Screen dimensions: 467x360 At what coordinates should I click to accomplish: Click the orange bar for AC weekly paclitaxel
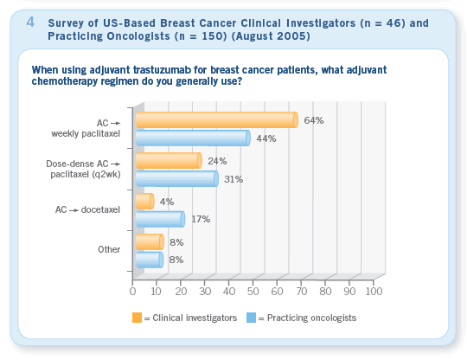(x=217, y=119)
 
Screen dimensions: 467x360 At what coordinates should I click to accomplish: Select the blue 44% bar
(x=193, y=138)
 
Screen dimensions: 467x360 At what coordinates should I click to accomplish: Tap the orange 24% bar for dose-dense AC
(x=169, y=161)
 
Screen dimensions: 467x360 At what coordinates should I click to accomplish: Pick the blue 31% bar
(x=177, y=179)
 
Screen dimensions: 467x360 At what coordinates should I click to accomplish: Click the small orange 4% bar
(x=145, y=201)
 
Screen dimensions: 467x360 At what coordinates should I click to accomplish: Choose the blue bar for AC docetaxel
(x=160, y=219)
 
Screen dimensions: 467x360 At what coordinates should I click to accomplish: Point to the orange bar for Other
(x=150, y=241)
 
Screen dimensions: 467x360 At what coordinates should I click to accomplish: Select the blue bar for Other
(x=150, y=260)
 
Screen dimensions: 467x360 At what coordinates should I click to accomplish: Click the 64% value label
(x=314, y=120)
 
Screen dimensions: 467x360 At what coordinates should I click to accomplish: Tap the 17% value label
(x=201, y=219)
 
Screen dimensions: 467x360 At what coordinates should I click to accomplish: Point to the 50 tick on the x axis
(x=253, y=291)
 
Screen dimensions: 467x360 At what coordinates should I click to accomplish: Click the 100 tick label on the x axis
(x=374, y=291)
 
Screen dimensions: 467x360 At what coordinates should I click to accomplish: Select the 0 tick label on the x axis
(x=132, y=291)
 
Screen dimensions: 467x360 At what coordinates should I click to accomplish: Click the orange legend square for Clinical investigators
(x=137, y=318)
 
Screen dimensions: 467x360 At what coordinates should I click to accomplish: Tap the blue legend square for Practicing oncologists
(x=252, y=318)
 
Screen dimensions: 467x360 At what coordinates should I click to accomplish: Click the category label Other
(x=109, y=249)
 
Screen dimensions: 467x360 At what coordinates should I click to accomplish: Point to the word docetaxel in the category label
(x=100, y=209)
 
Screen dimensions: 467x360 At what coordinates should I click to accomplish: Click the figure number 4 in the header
(x=30, y=22)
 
